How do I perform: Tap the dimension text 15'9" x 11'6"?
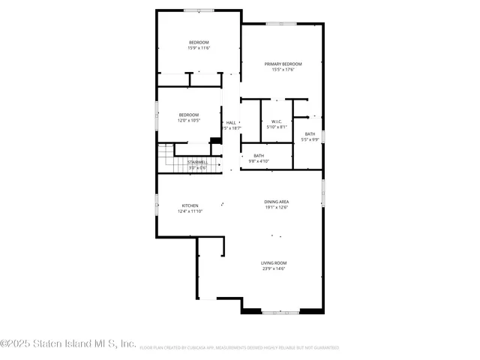coord(199,48)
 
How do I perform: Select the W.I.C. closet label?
coord(276,121)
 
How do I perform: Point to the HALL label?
coord(231,122)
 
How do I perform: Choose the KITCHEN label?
coord(190,205)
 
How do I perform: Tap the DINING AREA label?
coord(276,202)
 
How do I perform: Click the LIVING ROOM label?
coord(274,262)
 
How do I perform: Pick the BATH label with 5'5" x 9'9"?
coord(310,133)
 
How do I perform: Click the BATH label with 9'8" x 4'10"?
coord(259,155)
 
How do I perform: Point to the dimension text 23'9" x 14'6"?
coord(274,268)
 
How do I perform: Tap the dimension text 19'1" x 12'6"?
coord(276,208)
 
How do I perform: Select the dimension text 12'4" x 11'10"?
coord(190,211)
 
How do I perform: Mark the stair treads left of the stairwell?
coord(165,160)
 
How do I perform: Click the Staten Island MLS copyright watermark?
coord(67,343)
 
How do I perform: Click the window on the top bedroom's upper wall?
coord(198,10)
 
